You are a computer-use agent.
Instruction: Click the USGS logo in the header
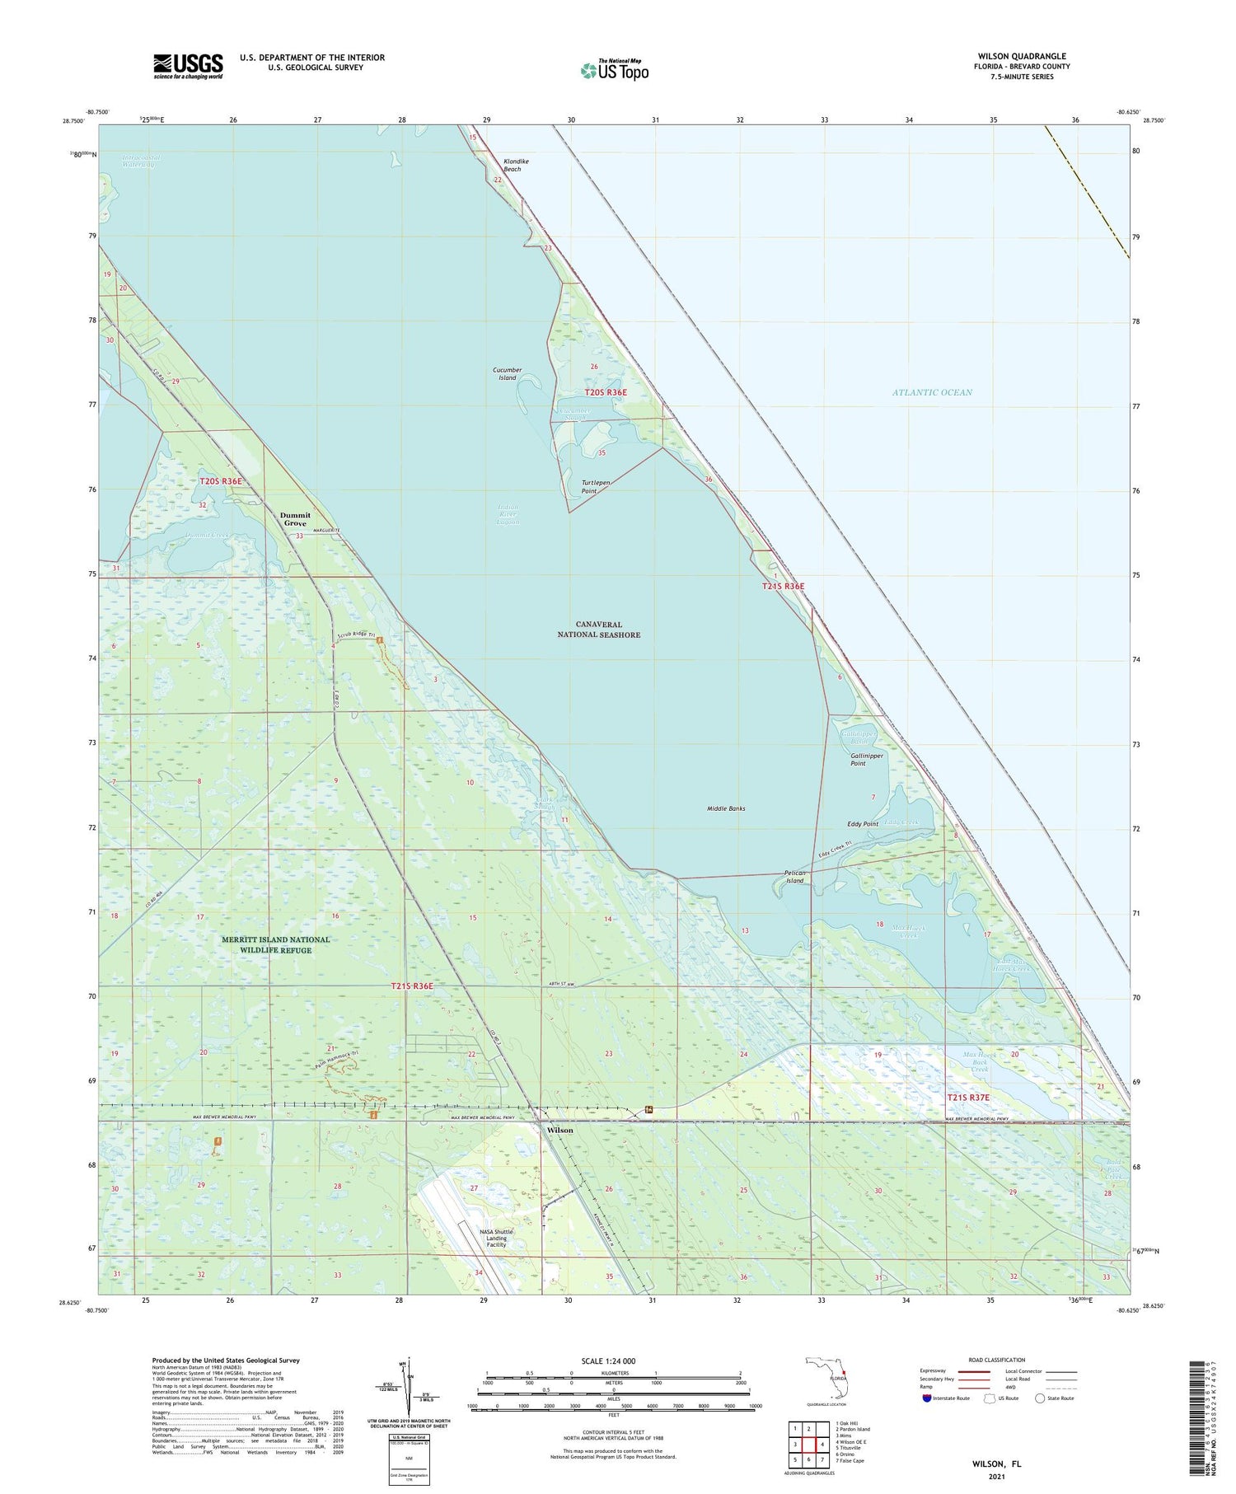click(x=188, y=66)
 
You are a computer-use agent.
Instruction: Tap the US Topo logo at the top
click(x=615, y=70)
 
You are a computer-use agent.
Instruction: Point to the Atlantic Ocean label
click(x=932, y=392)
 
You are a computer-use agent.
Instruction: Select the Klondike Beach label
click(x=512, y=165)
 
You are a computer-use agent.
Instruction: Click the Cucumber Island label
click(x=507, y=373)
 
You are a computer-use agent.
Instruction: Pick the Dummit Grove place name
click(x=295, y=519)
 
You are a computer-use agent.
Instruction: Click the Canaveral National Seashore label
click(x=598, y=630)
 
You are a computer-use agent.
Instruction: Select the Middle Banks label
click(x=726, y=808)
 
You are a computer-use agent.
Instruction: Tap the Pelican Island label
click(x=794, y=876)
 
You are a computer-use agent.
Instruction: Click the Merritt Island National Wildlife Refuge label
click(x=275, y=944)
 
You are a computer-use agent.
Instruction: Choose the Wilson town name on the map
click(x=559, y=1130)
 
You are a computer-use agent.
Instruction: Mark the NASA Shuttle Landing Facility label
click(x=496, y=1238)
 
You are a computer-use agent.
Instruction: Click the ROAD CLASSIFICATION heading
click(x=997, y=1360)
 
